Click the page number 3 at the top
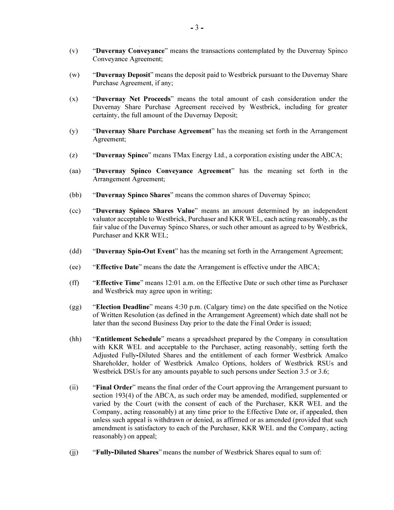(197, 28)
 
